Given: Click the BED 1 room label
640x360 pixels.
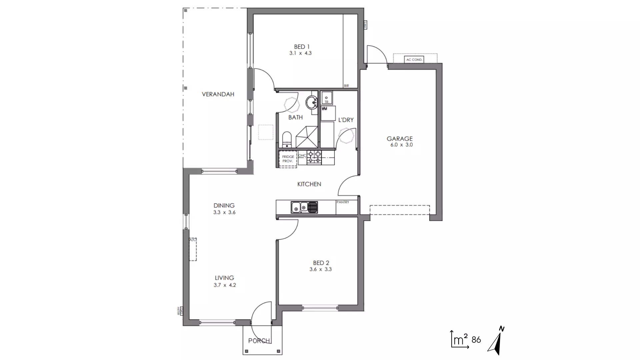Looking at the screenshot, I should point(302,47).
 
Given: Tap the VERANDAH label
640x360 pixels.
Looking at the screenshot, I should point(218,94).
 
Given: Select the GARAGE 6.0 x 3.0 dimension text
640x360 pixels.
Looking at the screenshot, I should point(402,145).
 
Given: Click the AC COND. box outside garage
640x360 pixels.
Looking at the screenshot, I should point(414,60).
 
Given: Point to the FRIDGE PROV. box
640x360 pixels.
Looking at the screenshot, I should point(288,159).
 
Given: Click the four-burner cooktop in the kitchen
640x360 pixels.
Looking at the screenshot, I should point(314,157).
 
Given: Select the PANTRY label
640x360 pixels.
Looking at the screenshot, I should point(343,202).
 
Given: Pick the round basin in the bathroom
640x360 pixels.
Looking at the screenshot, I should point(312,102).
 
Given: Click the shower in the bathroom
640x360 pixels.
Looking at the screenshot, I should point(307,137).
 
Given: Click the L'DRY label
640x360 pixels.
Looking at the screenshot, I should point(346,120).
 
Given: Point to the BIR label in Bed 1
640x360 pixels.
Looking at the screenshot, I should point(346,86).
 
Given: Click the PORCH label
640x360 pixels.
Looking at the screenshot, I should point(259,341).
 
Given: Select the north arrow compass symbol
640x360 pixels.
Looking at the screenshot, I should point(497,341).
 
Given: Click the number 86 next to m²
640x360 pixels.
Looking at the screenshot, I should point(476,340).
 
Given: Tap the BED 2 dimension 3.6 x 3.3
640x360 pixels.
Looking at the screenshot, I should point(320,269).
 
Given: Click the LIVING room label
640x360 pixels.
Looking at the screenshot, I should point(224,278).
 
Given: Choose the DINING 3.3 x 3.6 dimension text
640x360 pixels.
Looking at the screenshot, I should point(224,212).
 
